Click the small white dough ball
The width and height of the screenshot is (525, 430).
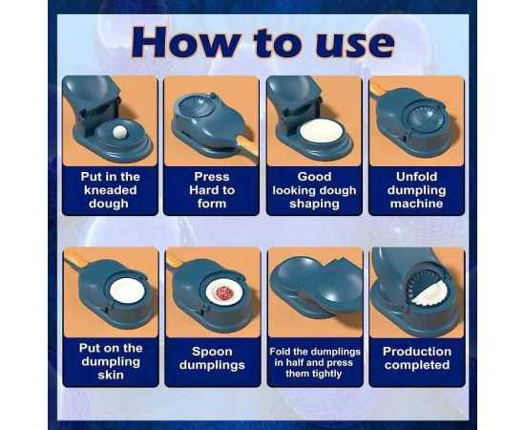[x=118, y=132]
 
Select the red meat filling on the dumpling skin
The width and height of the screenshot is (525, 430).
[x=224, y=293]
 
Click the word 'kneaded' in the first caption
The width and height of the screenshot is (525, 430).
[x=110, y=190]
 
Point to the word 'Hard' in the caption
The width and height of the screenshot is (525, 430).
[x=202, y=190]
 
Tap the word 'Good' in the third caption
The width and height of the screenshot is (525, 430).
[x=314, y=176]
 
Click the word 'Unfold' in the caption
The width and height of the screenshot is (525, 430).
[x=416, y=176]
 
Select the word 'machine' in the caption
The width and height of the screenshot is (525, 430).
[x=416, y=204]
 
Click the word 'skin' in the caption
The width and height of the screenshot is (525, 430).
[x=111, y=375]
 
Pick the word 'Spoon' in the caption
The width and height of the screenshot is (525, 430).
[x=212, y=352]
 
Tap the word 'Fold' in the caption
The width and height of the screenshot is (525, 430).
[x=280, y=352]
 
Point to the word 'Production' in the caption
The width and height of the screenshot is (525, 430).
[x=417, y=352]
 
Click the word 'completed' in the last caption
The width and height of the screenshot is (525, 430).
[x=417, y=365]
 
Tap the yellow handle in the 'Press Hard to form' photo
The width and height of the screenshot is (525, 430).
[x=248, y=145]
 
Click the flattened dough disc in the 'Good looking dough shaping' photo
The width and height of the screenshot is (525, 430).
[x=321, y=131]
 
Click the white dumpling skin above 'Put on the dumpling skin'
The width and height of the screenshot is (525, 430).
[x=127, y=290]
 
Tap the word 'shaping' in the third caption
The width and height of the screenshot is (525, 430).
[x=314, y=204]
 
